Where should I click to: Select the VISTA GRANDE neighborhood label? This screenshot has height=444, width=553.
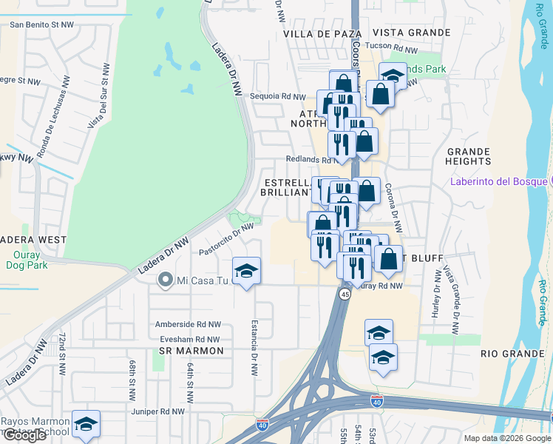(x=412, y=33)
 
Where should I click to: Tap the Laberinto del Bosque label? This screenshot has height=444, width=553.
(x=497, y=182)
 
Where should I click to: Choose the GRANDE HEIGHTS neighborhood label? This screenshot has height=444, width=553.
(x=468, y=156)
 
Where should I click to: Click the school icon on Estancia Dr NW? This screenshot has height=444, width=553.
(x=247, y=271)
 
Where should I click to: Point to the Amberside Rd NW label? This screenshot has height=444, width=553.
(x=188, y=324)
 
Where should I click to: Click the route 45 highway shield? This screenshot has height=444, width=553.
(x=345, y=294)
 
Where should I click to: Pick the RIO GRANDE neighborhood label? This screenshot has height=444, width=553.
(x=512, y=354)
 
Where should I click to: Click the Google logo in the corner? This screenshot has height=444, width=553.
(x=24, y=435)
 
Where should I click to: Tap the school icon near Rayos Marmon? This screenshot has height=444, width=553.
(x=86, y=424)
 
